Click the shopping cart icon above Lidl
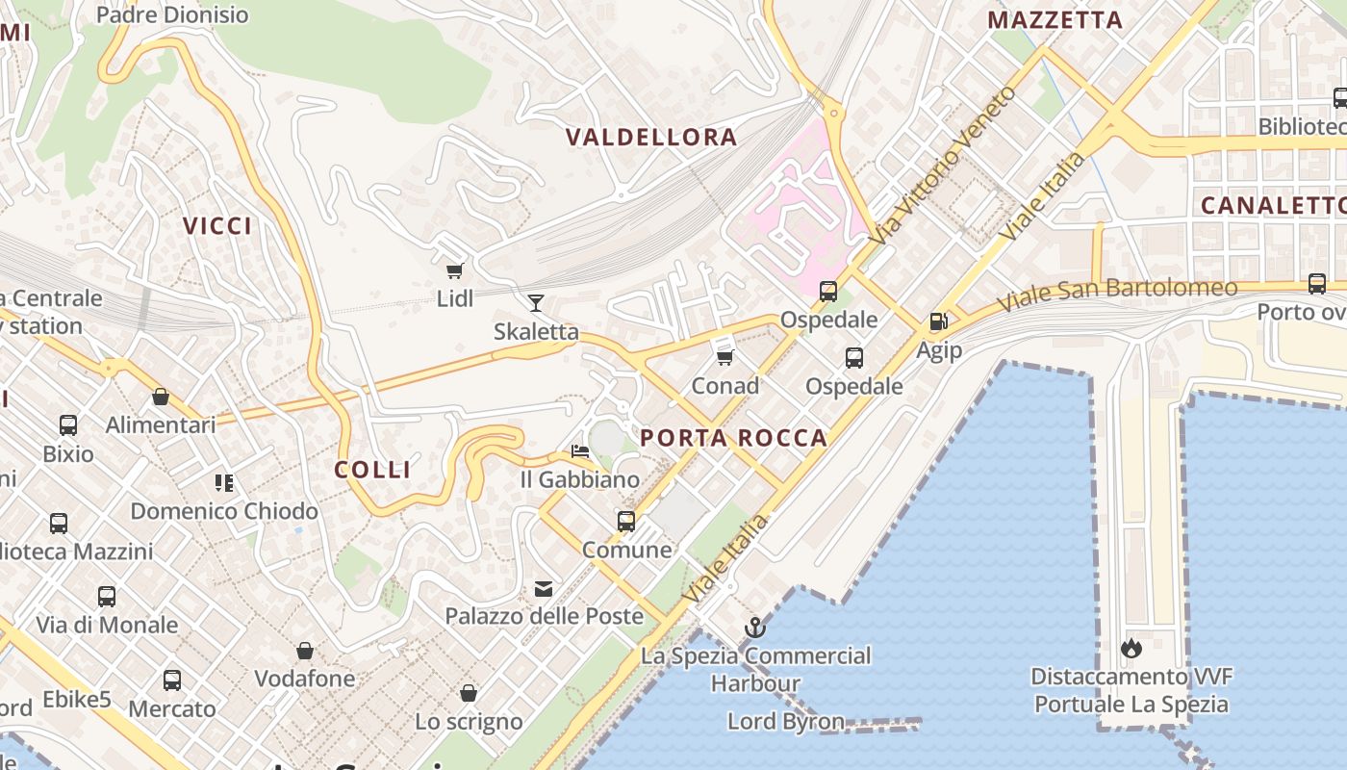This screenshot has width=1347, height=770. pyautogui.click(x=454, y=271)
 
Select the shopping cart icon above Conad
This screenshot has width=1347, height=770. pyautogui.click(x=725, y=358)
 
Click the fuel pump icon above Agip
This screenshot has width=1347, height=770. pyautogui.click(x=938, y=322)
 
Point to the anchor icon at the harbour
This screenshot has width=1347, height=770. pyautogui.click(x=755, y=628)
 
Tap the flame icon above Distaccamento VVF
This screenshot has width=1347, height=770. pyautogui.click(x=1131, y=648)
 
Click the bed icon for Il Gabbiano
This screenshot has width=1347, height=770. pyautogui.click(x=579, y=450)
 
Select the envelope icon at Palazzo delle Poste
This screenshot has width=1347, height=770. pyautogui.click(x=544, y=589)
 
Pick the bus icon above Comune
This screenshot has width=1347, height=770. pyautogui.click(x=626, y=522)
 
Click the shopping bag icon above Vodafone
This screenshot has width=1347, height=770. pyautogui.click(x=305, y=652)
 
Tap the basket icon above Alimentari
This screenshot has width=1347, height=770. pyautogui.click(x=161, y=397)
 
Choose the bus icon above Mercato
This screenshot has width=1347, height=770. pyautogui.click(x=172, y=680)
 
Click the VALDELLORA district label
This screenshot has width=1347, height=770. pyautogui.click(x=651, y=138)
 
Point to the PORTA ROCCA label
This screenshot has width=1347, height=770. pyautogui.click(x=734, y=438)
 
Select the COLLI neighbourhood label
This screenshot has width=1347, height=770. pyautogui.click(x=372, y=470)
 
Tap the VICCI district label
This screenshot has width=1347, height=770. pyautogui.click(x=217, y=226)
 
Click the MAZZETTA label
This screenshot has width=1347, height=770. pyautogui.click(x=1055, y=20)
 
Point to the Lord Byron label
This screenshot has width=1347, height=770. pyautogui.click(x=786, y=721)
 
